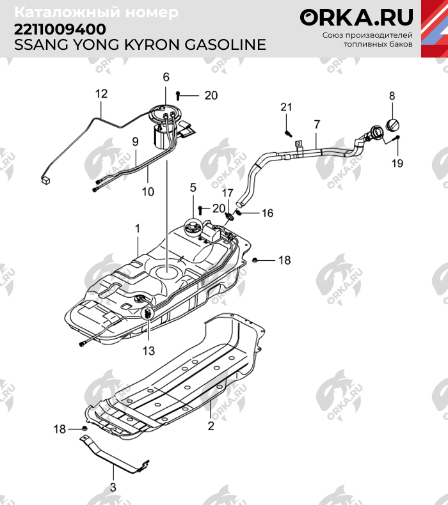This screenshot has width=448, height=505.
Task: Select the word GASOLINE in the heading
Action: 221,45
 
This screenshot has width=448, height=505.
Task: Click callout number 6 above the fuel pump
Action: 166,77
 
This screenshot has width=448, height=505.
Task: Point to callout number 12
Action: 101,94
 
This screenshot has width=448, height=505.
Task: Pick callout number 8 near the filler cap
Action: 392,97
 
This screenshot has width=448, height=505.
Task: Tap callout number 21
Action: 286,106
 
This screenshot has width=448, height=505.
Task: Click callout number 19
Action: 397,164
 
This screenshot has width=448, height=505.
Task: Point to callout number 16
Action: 267,213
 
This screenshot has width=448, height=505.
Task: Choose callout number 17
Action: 228,192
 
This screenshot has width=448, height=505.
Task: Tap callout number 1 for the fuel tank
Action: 136,228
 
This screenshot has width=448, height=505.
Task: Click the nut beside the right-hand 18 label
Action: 255,260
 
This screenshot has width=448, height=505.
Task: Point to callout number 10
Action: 148,191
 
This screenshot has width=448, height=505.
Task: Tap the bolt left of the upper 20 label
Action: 178,96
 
